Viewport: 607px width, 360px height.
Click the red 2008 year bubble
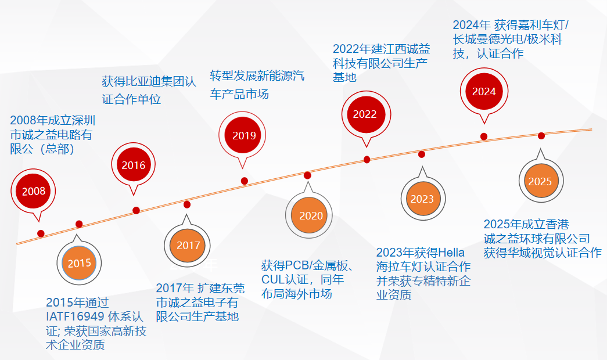pyautogui.click(x=33, y=191)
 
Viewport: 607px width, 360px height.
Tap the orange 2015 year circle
pyautogui.click(x=79, y=263)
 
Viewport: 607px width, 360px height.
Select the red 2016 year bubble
pyautogui.click(x=134, y=165)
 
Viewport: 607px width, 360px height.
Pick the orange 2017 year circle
pyautogui.click(x=188, y=245)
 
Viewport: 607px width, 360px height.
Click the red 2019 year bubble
pyautogui.click(x=242, y=135)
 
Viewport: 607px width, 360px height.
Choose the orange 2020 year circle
pyautogui.click(x=309, y=215)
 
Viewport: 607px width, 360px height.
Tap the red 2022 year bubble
pyautogui.click(x=366, y=114)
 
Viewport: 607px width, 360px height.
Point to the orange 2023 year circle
pyautogui.click(x=423, y=199)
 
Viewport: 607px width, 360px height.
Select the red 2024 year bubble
pyautogui.click(x=484, y=91)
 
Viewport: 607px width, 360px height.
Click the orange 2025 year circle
pyautogui.click(x=541, y=181)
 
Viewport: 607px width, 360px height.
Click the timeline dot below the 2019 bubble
pyautogui.click(x=245, y=181)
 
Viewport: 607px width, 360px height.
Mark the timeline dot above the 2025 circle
pyautogui.click(x=541, y=136)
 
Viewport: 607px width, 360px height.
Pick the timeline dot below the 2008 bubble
pyautogui.click(x=41, y=233)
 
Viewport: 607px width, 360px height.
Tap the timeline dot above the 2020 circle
pyautogui.click(x=307, y=175)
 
